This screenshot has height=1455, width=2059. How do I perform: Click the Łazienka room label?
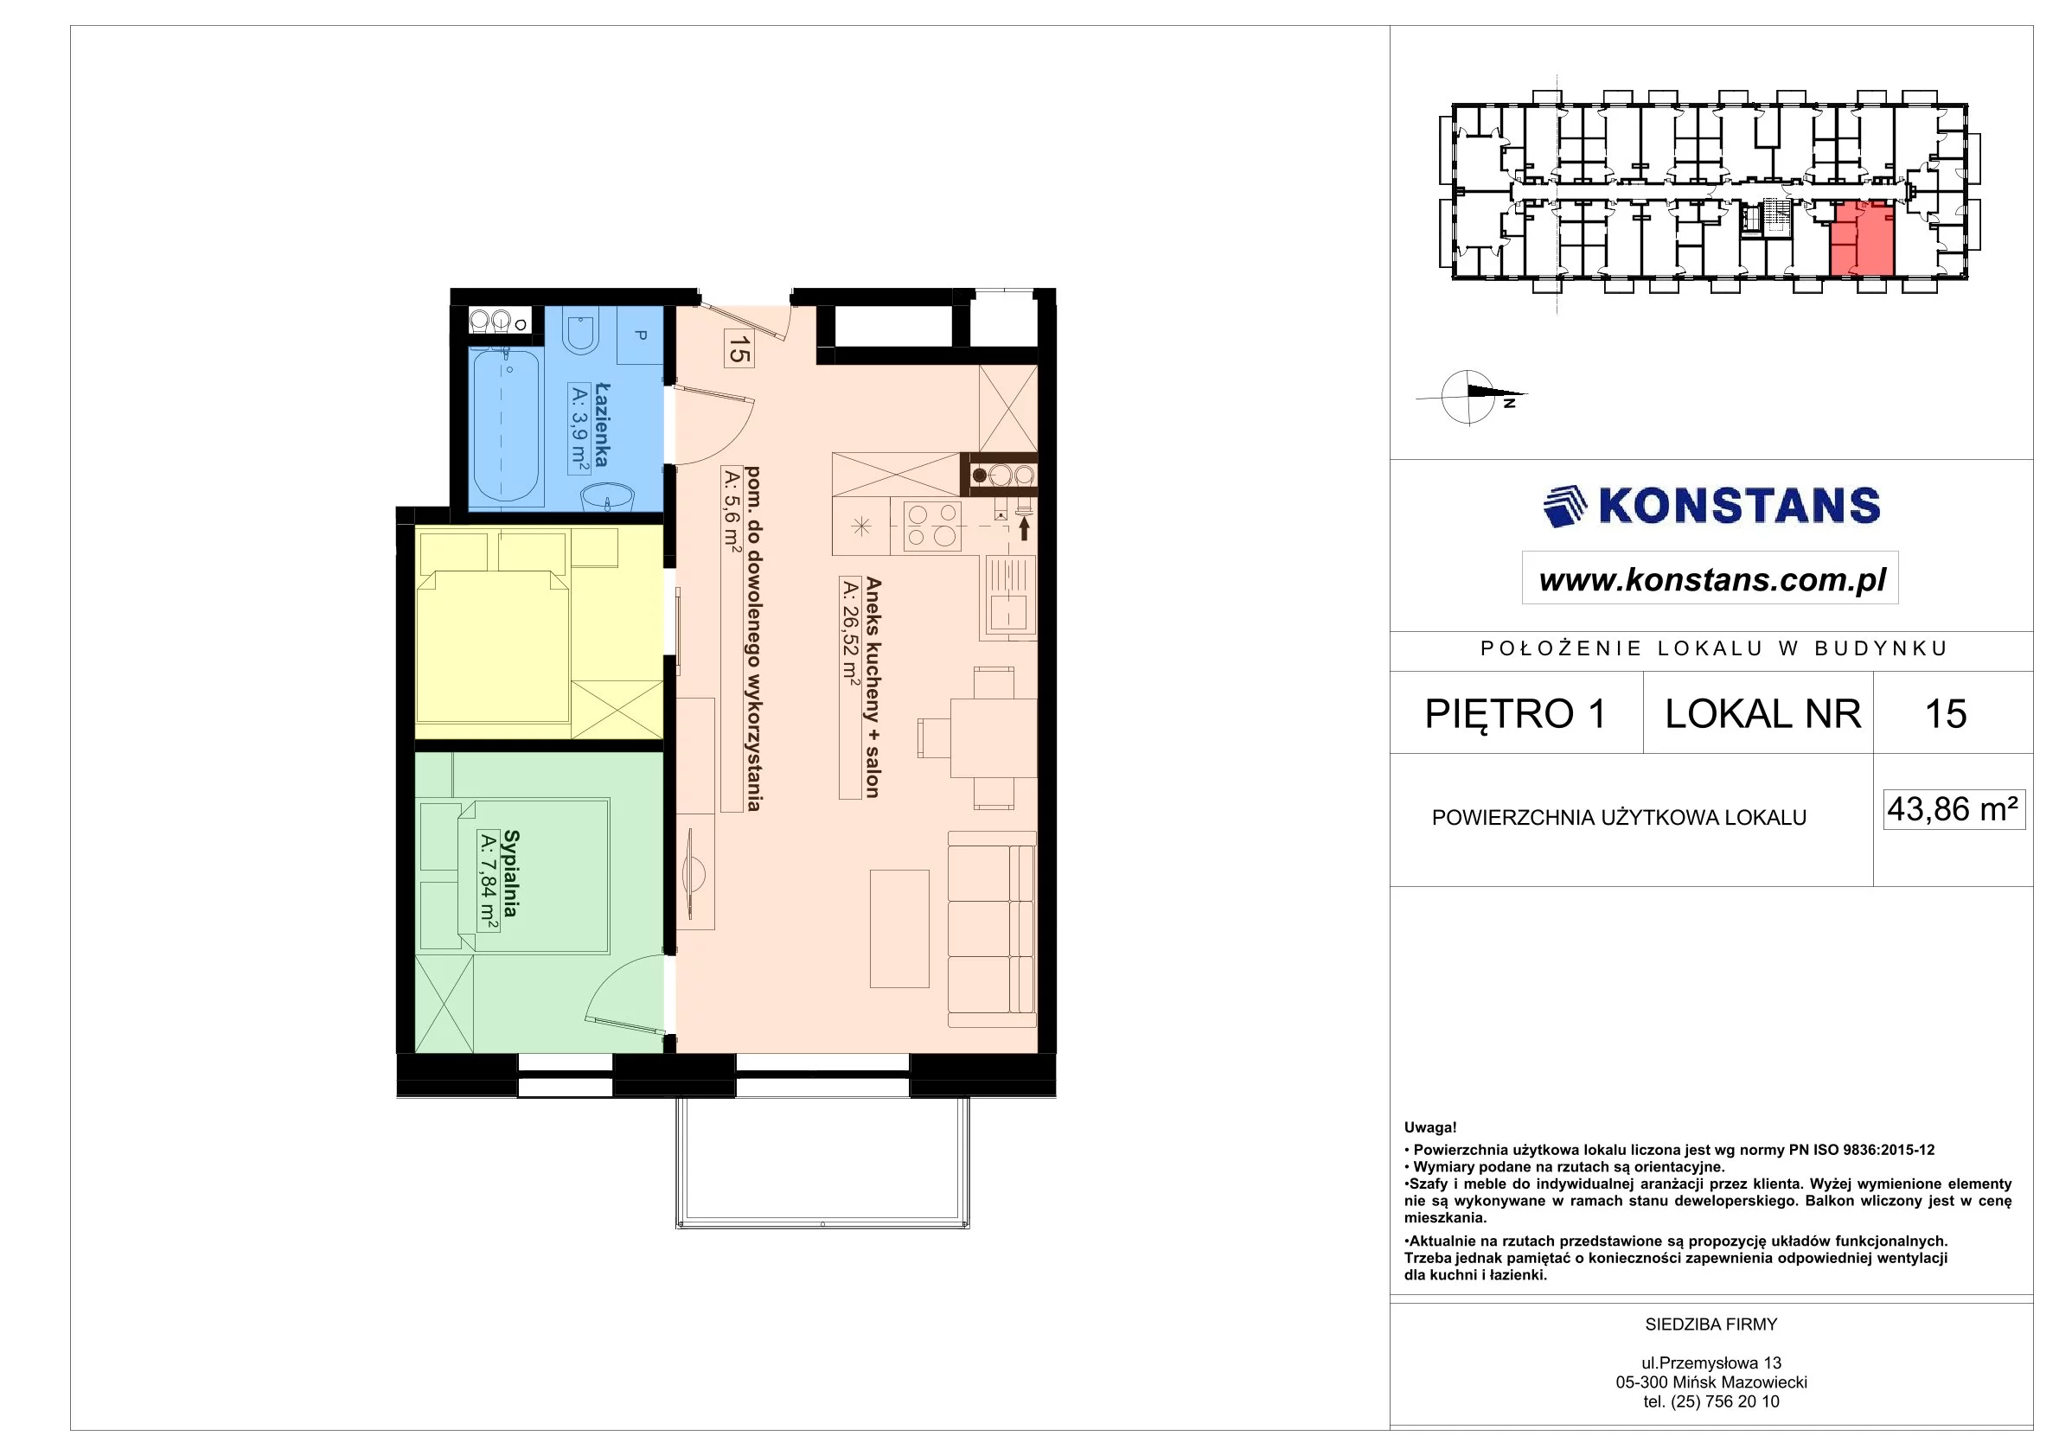[x=602, y=425]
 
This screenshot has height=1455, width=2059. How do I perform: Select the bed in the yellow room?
[x=492, y=647]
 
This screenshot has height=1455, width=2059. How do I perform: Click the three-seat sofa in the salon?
[x=992, y=929]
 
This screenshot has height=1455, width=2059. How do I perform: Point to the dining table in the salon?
[x=982, y=737]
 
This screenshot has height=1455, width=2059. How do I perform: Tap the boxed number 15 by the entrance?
[x=738, y=348]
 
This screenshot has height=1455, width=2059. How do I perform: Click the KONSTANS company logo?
[x=1711, y=507]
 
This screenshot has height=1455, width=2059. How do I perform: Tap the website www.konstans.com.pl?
[x=1713, y=580]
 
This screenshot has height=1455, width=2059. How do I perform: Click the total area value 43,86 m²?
[x=1953, y=808]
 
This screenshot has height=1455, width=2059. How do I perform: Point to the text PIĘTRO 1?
[x=1515, y=713]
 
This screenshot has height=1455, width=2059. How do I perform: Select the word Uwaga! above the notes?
[x=1430, y=1128]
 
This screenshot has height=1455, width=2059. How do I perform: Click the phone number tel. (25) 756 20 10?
[x=1711, y=1401]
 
